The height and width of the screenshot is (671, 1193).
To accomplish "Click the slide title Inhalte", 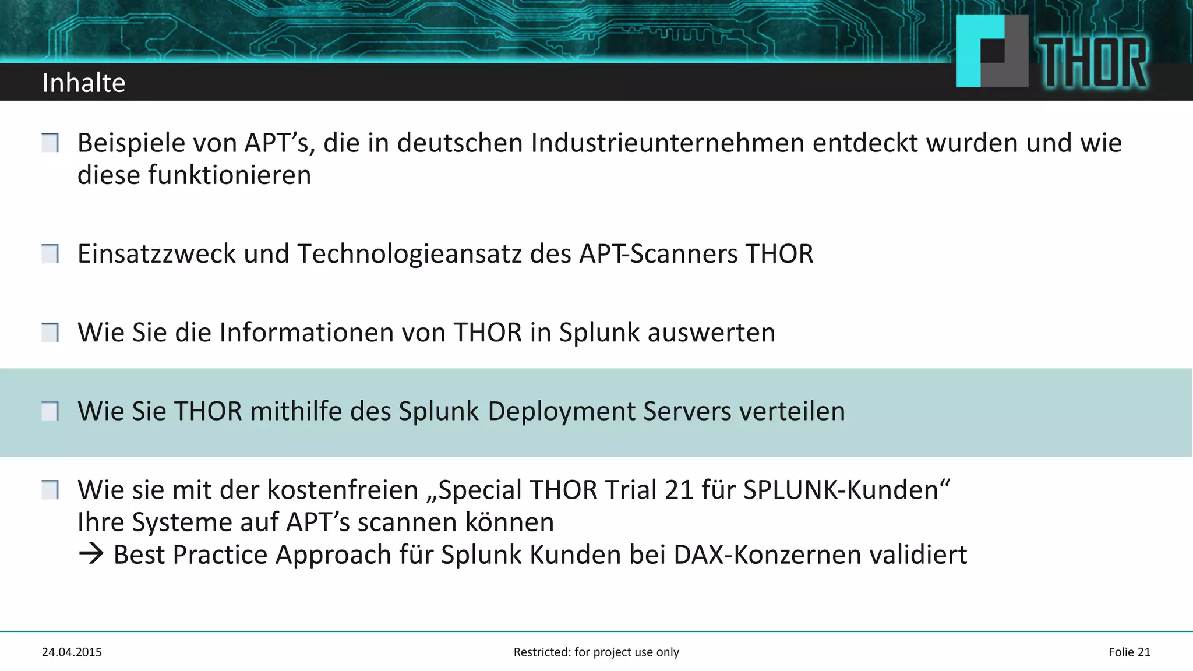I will (x=84, y=83).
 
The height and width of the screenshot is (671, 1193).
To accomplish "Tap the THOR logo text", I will (x=1093, y=63).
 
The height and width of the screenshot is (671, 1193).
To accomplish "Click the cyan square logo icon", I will (x=991, y=51).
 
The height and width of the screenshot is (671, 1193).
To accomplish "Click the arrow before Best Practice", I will (x=91, y=554).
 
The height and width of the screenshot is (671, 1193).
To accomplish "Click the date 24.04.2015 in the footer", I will (x=72, y=652).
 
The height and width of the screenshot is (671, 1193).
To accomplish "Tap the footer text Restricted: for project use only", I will (x=596, y=652).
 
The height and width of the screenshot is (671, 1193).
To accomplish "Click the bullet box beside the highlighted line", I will (x=50, y=412).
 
